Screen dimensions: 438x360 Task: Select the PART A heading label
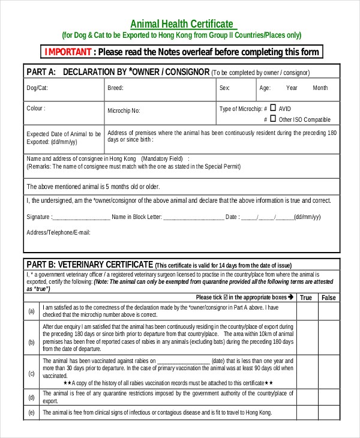[41, 72]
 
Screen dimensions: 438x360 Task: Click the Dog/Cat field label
[37, 88]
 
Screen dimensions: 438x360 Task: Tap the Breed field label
[115, 88]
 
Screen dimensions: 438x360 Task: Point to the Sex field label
[224, 88]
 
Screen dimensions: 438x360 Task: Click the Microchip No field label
[124, 111]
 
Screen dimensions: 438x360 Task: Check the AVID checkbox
[273, 108]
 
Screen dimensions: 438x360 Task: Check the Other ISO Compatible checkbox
[273, 119]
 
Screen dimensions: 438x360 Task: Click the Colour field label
[36, 109]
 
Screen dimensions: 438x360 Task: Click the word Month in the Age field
[320, 88]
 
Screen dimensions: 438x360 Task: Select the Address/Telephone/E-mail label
[58, 232]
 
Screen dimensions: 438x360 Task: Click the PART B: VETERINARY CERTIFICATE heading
[89, 264]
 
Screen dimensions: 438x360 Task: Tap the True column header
[306, 298]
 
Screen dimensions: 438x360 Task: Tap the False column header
[329, 298]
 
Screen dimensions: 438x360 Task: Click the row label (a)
[31, 311]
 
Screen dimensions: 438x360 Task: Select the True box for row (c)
[307, 372]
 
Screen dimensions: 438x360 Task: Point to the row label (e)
[31, 413]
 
